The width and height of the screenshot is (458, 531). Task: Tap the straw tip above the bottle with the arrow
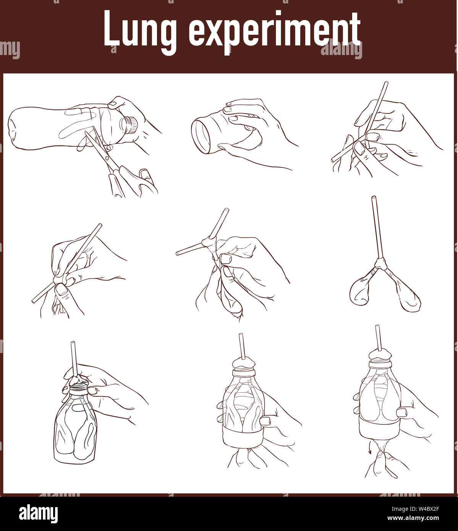[377, 327]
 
